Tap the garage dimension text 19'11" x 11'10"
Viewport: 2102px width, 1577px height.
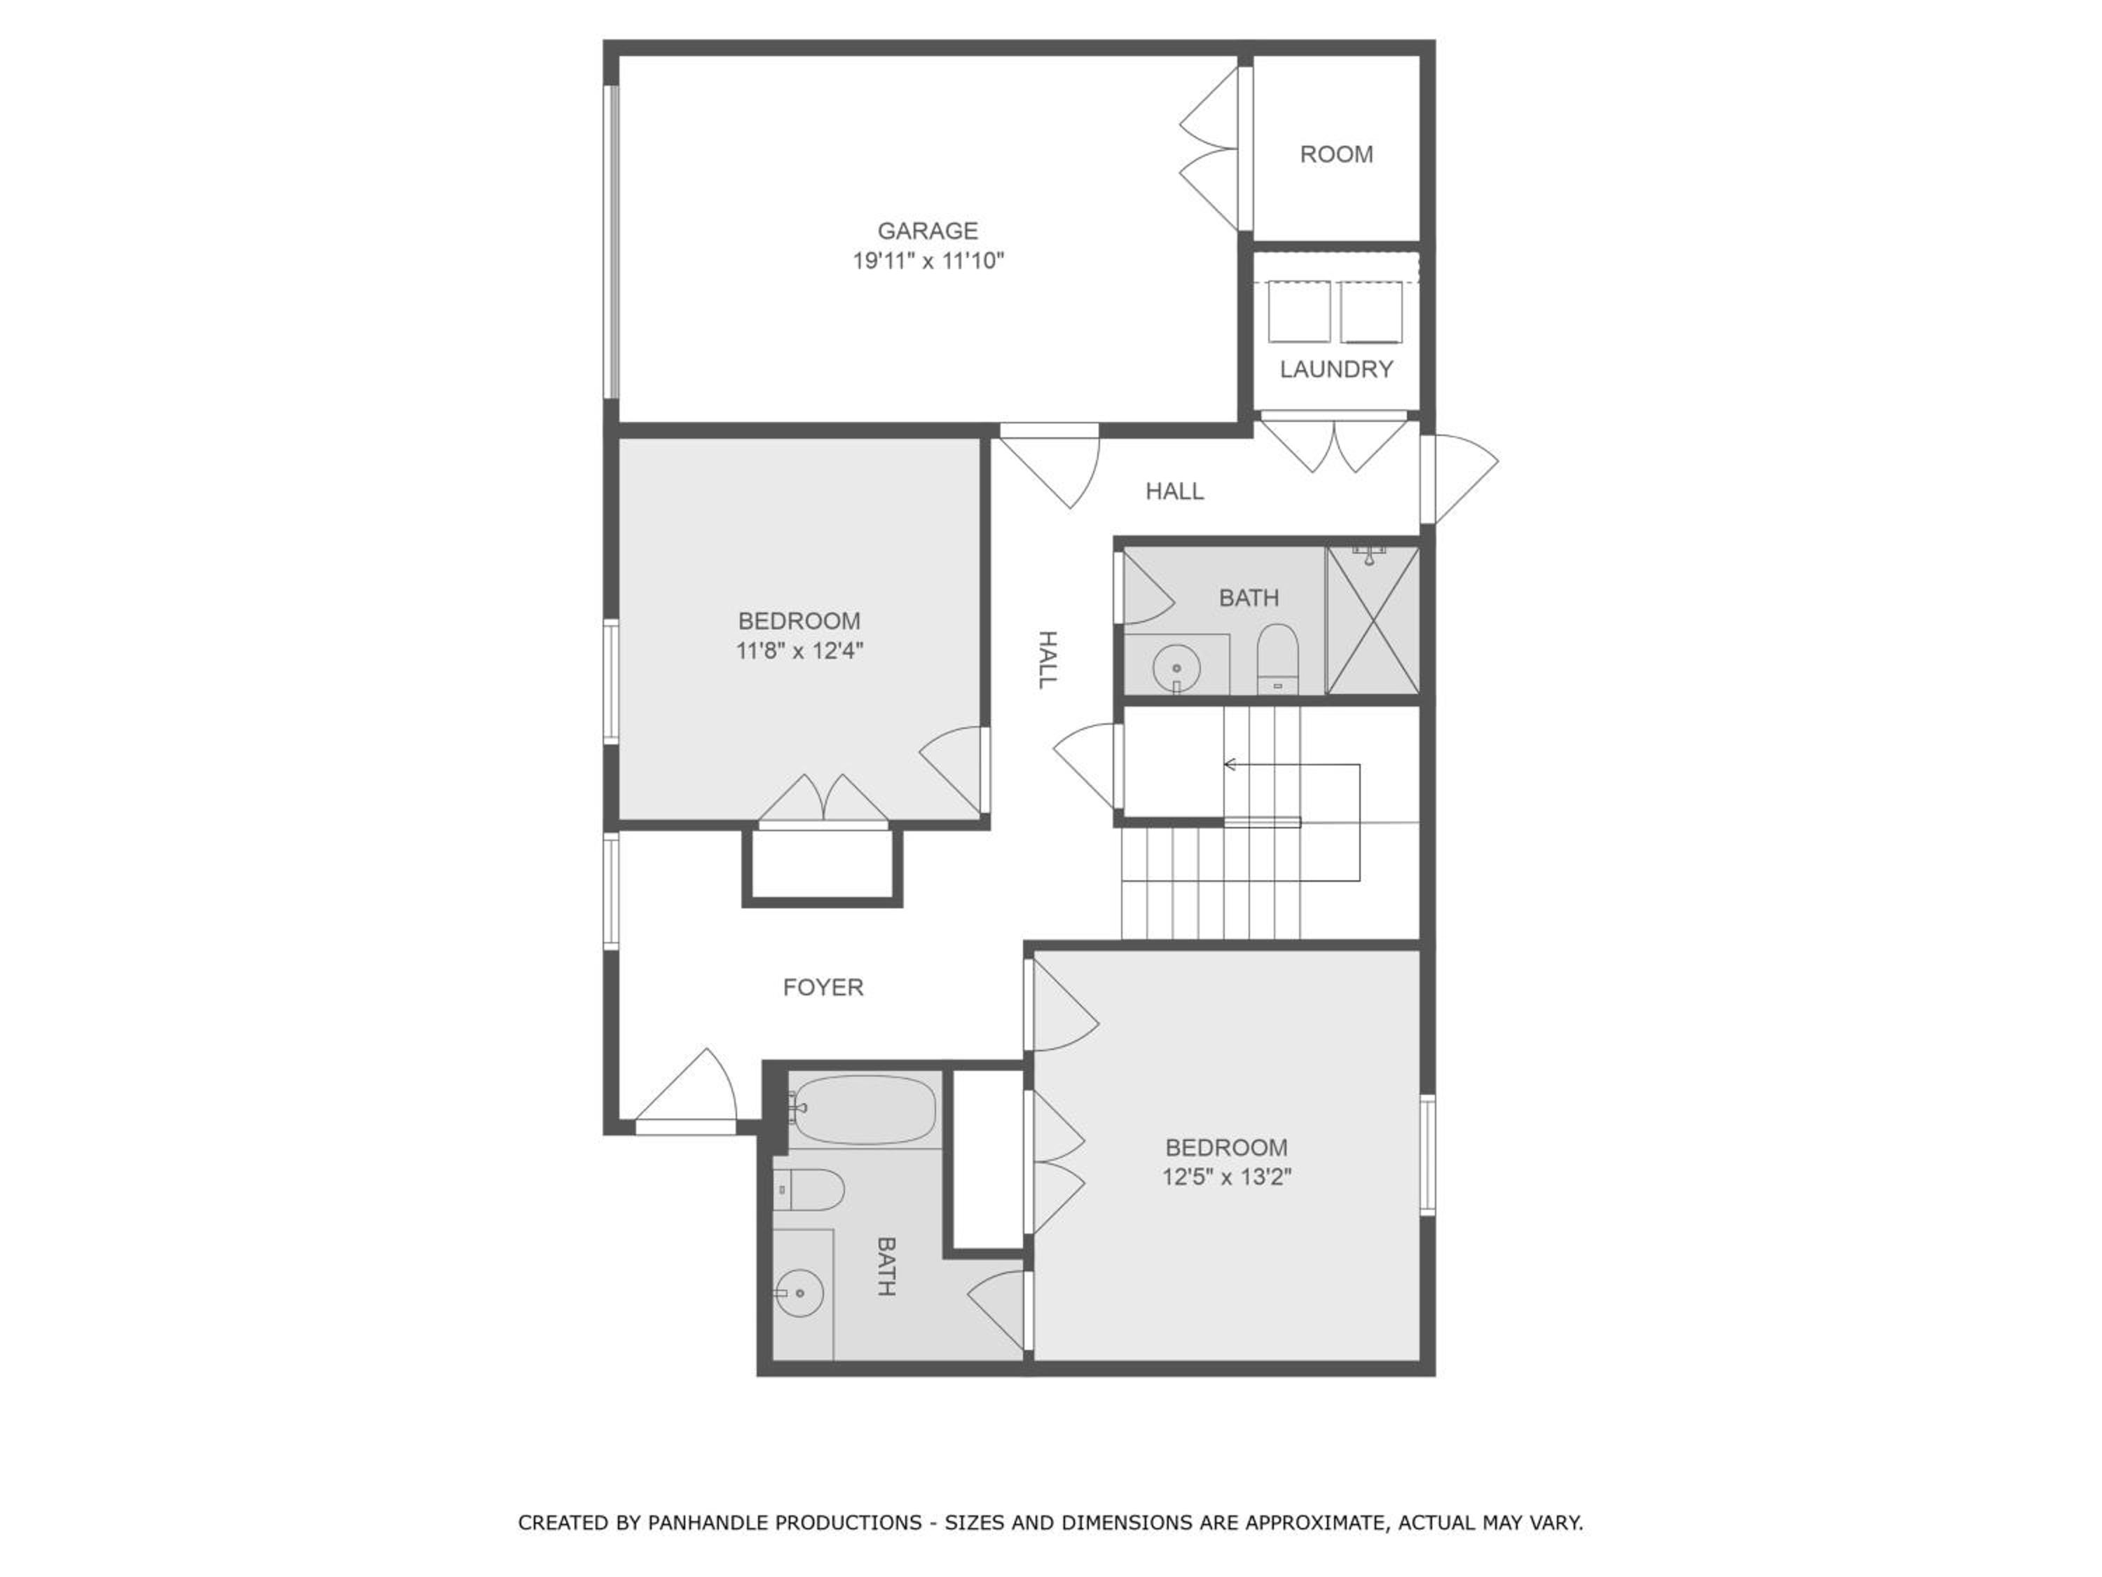pos(928,261)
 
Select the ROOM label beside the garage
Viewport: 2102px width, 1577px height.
pos(1336,154)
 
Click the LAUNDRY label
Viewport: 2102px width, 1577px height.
pos(1336,369)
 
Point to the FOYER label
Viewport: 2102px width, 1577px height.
pos(823,988)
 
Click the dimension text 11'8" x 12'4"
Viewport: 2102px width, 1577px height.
pos(799,651)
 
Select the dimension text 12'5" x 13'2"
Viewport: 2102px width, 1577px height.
pos(1227,1177)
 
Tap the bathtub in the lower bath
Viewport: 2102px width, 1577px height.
pos(862,1110)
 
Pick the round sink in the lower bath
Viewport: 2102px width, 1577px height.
pos(799,1292)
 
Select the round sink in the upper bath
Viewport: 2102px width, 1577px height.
pos(1176,668)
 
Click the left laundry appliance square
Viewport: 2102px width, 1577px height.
pos(1299,312)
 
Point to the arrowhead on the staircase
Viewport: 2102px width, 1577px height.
pos(1230,764)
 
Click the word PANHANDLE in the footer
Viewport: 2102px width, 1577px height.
pos(785,1523)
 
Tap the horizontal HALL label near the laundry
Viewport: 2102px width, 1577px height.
pos(1174,491)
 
